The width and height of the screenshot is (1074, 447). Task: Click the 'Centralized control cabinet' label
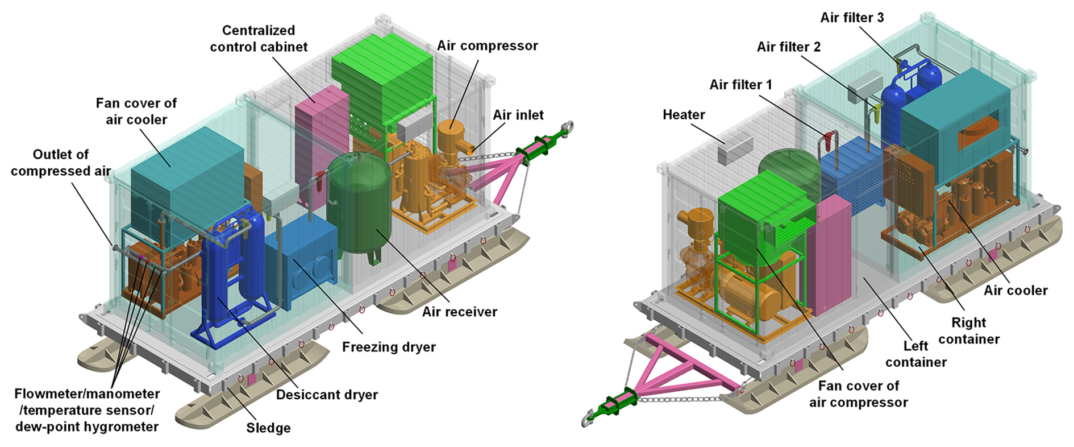click(259, 39)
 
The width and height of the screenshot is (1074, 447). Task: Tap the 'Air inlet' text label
click(518, 115)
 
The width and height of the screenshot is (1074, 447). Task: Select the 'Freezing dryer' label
click(389, 347)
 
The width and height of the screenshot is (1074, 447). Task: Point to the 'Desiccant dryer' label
click(327, 395)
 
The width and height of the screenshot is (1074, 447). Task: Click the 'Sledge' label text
click(268, 428)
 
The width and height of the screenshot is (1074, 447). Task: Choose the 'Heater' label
click(684, 115)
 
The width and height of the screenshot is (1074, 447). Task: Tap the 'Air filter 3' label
click(852, 18)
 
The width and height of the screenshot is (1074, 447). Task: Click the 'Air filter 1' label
click(740, 85)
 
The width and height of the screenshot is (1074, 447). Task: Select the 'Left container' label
click(915, 354)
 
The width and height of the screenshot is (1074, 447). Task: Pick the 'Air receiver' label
click(459, 312)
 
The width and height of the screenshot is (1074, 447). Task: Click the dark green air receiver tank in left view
click(359, 205)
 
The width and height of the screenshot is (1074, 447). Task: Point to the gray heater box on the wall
click(735, 150)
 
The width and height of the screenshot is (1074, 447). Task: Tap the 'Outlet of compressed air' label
click(61, 163)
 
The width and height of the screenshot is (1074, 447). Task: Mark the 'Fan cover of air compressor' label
click(858, 394)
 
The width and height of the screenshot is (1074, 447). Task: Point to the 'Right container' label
click(968, 331)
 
